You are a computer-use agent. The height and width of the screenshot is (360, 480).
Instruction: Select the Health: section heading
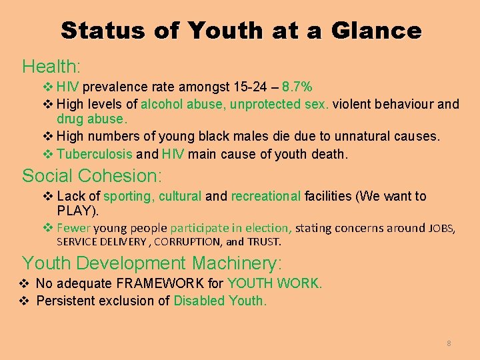click(51, 67)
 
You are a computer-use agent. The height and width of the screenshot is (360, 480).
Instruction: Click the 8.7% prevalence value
click(297, 87)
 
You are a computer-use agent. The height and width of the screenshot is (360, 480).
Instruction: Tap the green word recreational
click(266, 196)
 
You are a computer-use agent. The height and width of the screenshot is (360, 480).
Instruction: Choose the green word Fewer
click(73, 228)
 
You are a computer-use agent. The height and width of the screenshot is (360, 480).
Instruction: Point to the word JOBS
click(441, 229)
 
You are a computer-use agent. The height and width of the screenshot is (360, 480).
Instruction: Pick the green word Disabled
click(199, 301)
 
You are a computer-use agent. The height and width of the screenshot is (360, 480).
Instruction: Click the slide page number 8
click(449, 343)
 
